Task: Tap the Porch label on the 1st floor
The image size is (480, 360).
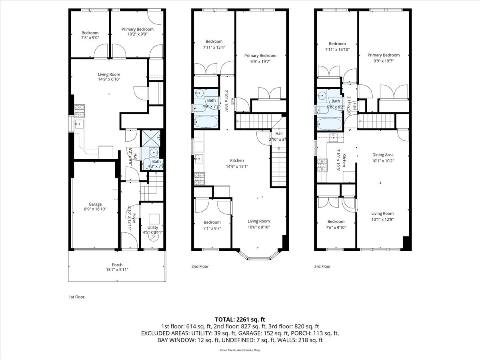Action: point(117,265)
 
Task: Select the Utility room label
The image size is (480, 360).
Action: point(153,227)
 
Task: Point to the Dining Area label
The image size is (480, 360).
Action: point(383,155)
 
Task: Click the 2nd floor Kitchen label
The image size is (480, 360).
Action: point(237,160)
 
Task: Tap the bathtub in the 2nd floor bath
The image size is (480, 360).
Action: point(206,122)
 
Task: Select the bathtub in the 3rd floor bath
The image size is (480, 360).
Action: point(330,124)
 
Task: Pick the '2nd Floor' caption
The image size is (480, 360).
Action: point(200,266)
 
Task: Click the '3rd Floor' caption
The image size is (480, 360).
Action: point(322,266)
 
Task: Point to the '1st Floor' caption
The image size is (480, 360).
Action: point(77,297)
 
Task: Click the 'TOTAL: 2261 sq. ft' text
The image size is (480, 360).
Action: point(240,319)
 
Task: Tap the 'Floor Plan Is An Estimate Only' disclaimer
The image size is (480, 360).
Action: point(240,350)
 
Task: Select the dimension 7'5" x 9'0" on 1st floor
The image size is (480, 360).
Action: point(90,38)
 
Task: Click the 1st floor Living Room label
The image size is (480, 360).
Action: point(109,74)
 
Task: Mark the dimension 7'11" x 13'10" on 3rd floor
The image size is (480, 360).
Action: point(337,49)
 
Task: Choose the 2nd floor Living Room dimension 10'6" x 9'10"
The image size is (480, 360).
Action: point(259,227)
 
